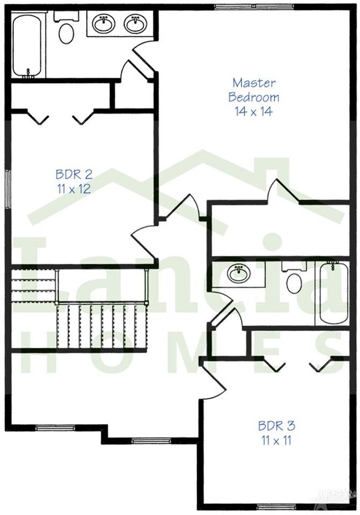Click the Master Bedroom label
[x=254, y=90]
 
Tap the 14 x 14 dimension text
[x=254, y=110]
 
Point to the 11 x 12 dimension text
[x=73, y=188]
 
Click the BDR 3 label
[x=276, y=426]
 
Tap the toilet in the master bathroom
[x=66, y=31]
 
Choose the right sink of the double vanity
[x=134, y=24]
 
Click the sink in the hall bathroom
[x=239, y=273]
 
